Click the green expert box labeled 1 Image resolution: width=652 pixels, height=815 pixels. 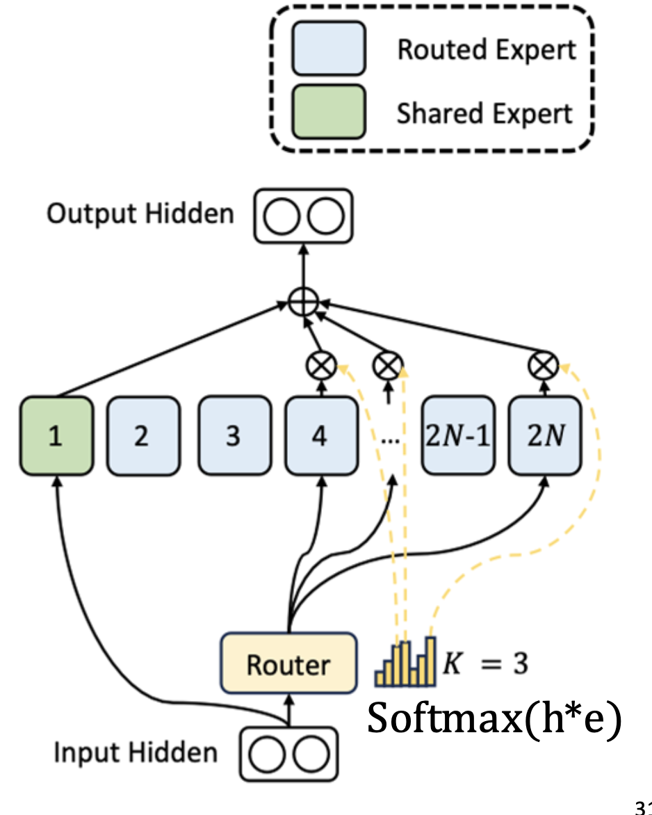click(x=56, y=436)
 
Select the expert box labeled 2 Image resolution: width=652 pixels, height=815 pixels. click(x=142, y=436)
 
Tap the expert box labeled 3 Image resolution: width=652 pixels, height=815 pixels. click(x=234, y=436)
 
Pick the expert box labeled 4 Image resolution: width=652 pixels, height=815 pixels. click(x=320, y=436)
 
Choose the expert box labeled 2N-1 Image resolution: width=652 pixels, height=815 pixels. click(x=458, y=436)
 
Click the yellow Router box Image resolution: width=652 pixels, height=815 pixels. click(x=288, y=663)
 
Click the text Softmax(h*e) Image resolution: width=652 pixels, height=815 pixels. click(x=494, y=718)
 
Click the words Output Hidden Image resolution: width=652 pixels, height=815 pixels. click(x=140, y=213)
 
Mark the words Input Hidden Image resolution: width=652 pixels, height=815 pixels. click(x=136, y=752)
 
